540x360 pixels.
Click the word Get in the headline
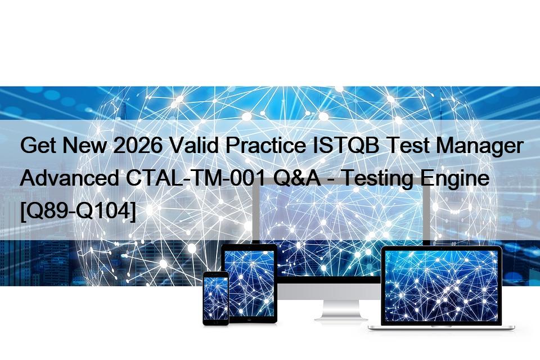point(38,145)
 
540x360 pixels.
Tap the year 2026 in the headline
point(138,145)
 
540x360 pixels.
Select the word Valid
point(194,145)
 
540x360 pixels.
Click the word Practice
point(265,145)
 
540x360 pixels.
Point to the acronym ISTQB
point(346,145)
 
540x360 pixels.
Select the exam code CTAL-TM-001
point(196,178)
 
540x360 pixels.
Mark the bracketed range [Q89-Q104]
point(78,211)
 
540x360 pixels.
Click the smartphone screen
point(215,298)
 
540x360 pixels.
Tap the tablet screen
point(249,283)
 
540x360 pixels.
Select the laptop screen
point(441,286)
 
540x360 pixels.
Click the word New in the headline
point(84,145)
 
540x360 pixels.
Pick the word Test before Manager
point(407,145)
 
